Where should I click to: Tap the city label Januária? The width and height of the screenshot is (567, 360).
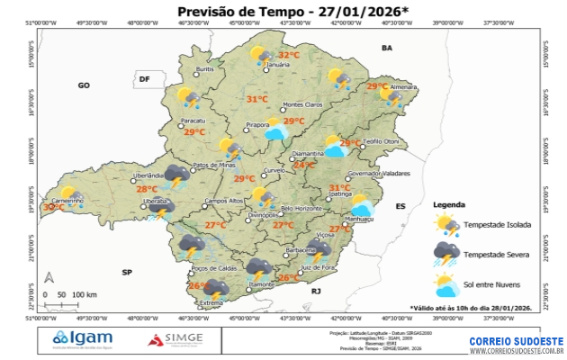coord(279,66)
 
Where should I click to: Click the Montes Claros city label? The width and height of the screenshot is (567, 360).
coord(302,104)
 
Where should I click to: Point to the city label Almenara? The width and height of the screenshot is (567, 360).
coord(402,86)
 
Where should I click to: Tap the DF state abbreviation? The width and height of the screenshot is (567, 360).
coord(143,79)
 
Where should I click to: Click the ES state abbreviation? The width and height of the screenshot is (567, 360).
coord(400,206)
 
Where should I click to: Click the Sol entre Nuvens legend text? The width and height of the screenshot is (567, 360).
coord(496,286)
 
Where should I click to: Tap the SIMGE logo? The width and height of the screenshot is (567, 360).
coord(176,339)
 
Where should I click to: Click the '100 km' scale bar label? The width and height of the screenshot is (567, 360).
coord(85,294)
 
